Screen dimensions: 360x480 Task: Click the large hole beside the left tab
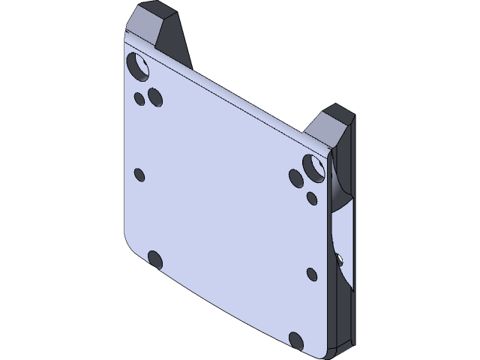(139, 67)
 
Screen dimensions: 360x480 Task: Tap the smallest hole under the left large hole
(139, 97)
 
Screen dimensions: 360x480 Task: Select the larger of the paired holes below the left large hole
(155, 97)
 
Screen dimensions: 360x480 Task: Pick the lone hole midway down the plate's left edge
(139, 174)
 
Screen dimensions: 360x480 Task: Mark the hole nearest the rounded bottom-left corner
(155, 259)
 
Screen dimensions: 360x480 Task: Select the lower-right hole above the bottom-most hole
(312, 274)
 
